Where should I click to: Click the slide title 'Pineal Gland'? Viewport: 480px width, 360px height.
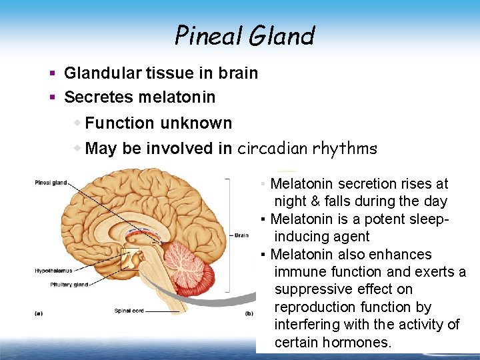pyautogui.click(x=244, y=35)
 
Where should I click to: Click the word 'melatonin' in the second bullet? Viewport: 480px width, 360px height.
pyautogui.click(x=177, y=97)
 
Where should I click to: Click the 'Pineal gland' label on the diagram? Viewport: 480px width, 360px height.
pyautogui.click(x=51, y=182)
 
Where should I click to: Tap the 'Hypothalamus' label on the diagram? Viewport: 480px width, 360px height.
pyautogui.click(x=53, y=271)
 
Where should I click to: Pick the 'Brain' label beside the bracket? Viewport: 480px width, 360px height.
pyautogui.click(x=241, y=235)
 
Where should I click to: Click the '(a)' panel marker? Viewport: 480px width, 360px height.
pyautogui.click(x=39, y=313)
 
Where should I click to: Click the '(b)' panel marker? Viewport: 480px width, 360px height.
pyautogui.click(x=249, y=313)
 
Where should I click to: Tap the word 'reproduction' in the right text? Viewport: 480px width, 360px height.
pyautogui.click(x=315, y=307)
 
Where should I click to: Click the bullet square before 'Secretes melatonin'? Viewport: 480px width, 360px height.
pyautogui.click(x=52, y=97)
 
